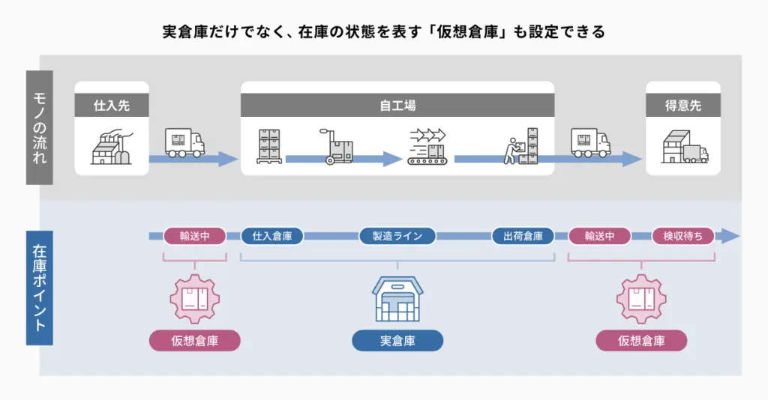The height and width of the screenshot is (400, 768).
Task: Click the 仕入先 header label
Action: click(x=112, y=106)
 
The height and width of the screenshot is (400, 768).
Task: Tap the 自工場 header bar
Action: click(x=397, y=106)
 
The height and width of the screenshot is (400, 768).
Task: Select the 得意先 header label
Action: click(x=683, y=106)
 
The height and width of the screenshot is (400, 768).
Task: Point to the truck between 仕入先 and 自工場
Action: click(x=184, y=143)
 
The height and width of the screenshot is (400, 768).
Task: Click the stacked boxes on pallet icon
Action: click(x=268, y=146)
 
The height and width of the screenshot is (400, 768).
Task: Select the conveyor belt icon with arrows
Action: click(x=426, y=146)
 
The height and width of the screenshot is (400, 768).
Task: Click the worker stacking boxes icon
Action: click(x=523, y=145)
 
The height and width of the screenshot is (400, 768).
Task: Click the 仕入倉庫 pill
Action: click(x=272, y=236)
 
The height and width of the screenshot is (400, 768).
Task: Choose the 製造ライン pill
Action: click(x=397, y=236)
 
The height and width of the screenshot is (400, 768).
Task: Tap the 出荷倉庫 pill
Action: click(x=523, y=236)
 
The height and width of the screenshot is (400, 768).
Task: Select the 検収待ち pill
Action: click(x=683, y=236)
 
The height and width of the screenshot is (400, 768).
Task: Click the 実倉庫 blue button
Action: click(x=397, y=341)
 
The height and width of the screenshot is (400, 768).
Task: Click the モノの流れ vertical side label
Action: click(x=40, y=127)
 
